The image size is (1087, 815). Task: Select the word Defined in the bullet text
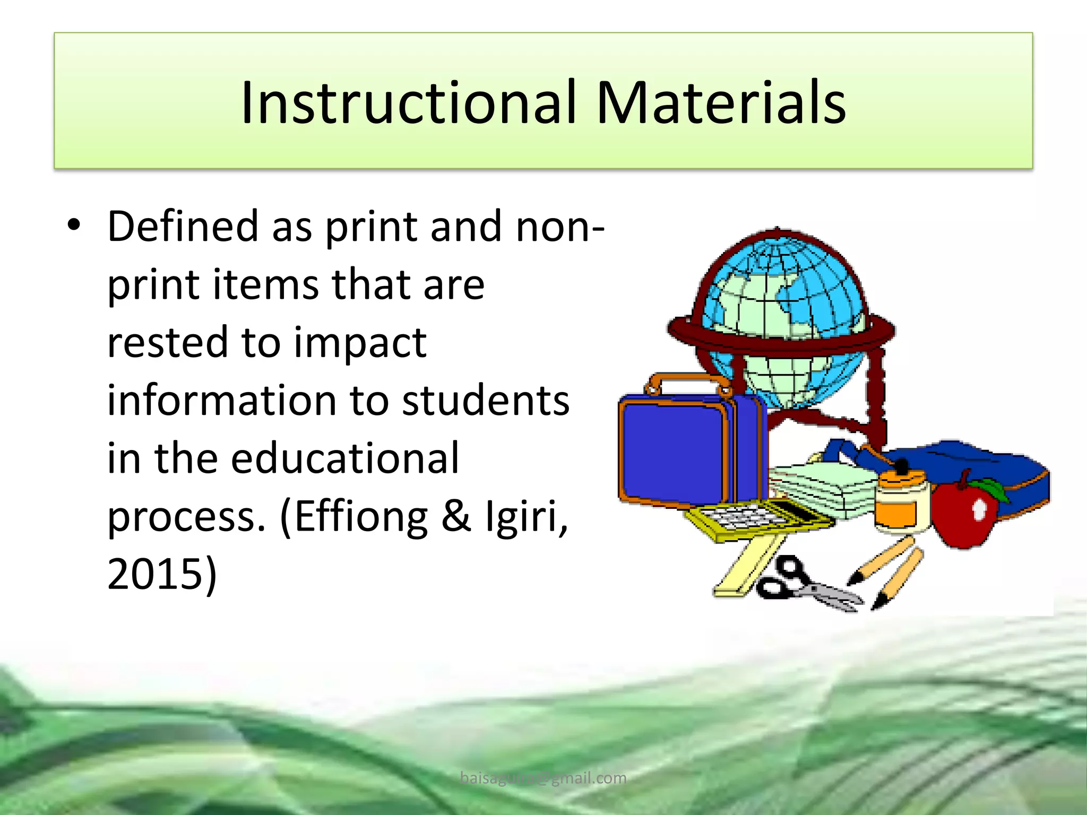tap(183, 226)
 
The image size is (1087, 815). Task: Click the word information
tap(221, 400)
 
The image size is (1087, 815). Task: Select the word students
tap(485, 400)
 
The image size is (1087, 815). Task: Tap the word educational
tap(344, 458)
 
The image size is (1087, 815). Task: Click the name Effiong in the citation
tap(361, 517)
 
